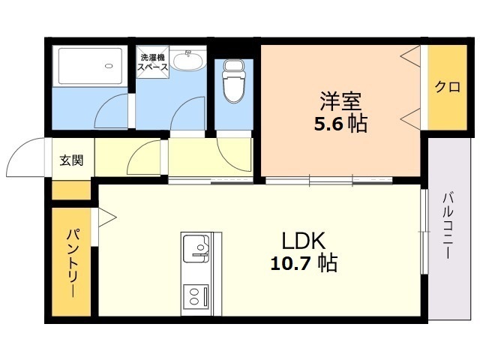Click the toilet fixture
[x=234, y=81]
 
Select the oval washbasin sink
[x=187, y=61]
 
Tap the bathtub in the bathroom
[x=90, y=66]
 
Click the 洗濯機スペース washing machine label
[x=152, y=62]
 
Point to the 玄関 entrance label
[x=71, y=160]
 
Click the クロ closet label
[x=447, y=87]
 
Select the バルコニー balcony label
[x=448, y=225]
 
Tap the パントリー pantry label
[x=73, y=262]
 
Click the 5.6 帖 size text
[x=340, y=124]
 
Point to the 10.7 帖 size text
[x=304, y=263]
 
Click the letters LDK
[x=303, y=241]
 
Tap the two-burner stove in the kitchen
[x=196, y=296]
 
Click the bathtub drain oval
[x=108, y=66]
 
